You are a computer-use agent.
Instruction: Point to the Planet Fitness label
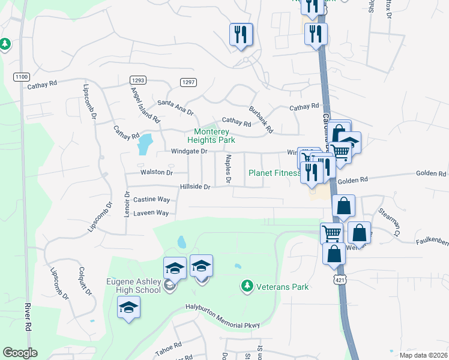coord(275,173)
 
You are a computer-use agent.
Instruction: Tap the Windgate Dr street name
coord(188,152)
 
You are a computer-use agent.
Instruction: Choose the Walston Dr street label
coord(156,172)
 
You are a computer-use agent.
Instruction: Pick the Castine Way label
coord(152,199)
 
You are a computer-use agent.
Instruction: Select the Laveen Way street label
coord(151,212)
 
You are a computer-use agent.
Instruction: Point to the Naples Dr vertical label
coord(228,169)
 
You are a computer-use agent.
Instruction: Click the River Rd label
coord(28,317)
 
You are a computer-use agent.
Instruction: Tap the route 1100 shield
coord(22,77)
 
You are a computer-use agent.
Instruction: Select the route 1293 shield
coord(137,80)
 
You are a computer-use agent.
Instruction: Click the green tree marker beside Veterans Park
coord(246,286)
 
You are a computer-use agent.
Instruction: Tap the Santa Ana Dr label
coord(175,107)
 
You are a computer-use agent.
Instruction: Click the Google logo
coord(20,353)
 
